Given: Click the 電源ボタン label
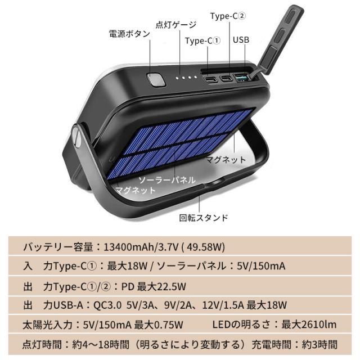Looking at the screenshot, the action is [x=129, y=34].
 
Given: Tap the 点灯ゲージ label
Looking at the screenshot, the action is [x=176, y=25].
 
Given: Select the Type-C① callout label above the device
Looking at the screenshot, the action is [x=202, y=41].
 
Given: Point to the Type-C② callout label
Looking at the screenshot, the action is [x=228, y=16].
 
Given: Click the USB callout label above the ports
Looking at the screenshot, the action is [x=241, y=40].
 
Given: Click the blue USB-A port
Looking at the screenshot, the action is [x=242, y=78].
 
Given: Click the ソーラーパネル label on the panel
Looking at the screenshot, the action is [x=167, y=180].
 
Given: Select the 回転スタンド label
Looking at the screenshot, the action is [x=204, y=218].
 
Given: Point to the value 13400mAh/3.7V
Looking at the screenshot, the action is [x=141, y=247].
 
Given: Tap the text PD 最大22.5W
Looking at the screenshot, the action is [x=154, y=286].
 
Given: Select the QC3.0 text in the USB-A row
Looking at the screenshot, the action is [x=107, y=305].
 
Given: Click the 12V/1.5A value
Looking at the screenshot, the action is [x=223, y=305].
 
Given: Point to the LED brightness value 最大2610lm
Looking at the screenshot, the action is [x=309, y=325].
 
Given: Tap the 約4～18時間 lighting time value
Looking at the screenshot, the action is [x=101, y=345].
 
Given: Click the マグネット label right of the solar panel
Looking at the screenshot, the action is [x=226, y=160].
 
